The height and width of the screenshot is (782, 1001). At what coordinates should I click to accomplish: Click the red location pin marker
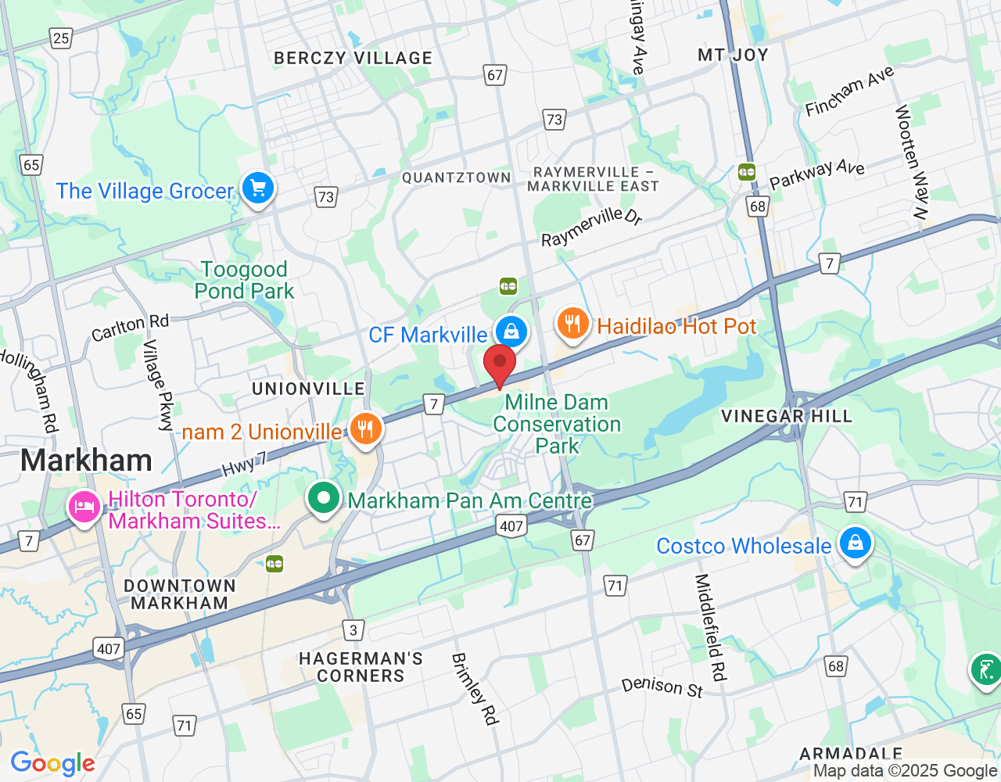point(500,364)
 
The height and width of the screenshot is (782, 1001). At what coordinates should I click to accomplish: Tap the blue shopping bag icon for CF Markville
point(511,332)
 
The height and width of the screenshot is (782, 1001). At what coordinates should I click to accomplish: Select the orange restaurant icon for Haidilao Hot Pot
point(572,324)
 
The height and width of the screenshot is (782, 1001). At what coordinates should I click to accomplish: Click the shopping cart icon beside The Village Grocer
point(257,188)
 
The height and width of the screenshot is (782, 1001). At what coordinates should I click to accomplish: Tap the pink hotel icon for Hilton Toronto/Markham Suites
point(84,508)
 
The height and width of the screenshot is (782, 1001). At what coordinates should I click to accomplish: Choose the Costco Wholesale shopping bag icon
point(855,543)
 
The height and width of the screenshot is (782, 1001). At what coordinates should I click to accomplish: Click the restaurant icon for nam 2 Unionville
point(364,429)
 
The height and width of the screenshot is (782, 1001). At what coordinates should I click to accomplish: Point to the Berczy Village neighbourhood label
point(353,58)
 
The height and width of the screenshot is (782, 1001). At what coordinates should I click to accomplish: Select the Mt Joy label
point(733,55)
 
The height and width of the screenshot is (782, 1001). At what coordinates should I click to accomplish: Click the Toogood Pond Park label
point(244,280)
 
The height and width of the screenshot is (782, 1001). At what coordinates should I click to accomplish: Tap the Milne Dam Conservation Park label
point(557,424)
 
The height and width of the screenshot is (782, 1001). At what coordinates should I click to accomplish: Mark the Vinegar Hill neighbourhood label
point(786,416)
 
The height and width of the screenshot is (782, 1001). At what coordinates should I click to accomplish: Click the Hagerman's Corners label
point(361,667)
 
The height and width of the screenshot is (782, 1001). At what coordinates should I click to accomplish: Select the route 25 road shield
point(60,38)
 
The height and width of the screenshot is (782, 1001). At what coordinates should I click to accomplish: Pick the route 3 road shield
point(353,630)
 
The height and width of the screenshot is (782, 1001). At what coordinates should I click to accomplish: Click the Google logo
point(52,763)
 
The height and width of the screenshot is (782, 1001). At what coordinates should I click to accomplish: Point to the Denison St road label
point(662,687)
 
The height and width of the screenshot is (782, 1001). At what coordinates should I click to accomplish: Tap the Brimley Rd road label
point(475,689)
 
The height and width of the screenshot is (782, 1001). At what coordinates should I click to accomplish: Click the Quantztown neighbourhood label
point(456,178)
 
